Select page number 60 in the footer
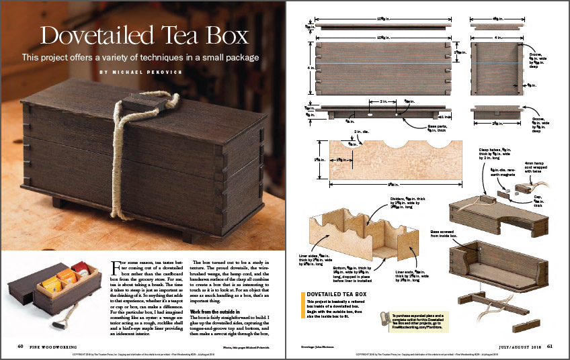coord(21,346)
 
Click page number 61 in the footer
coord(549,346)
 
